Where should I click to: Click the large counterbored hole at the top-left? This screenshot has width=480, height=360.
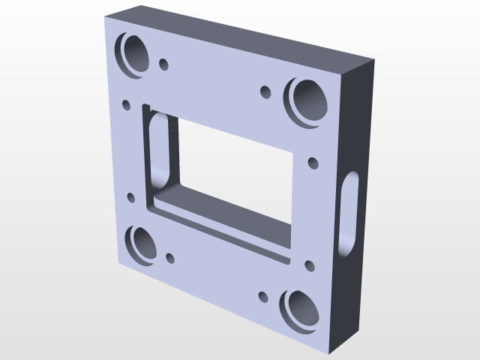coord(135,55)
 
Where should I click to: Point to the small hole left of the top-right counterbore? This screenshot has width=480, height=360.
coord(265,92)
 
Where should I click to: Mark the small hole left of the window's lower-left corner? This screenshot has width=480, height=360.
coord(132,199)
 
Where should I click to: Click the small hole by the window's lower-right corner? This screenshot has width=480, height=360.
coord(308,265)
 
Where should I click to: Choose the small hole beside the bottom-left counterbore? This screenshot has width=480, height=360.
coord(170,258)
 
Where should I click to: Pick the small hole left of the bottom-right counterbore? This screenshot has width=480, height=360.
coord(262,296)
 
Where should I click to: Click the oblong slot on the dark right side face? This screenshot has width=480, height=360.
coord(349,210)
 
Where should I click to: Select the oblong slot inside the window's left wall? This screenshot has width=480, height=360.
coord(159,150)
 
